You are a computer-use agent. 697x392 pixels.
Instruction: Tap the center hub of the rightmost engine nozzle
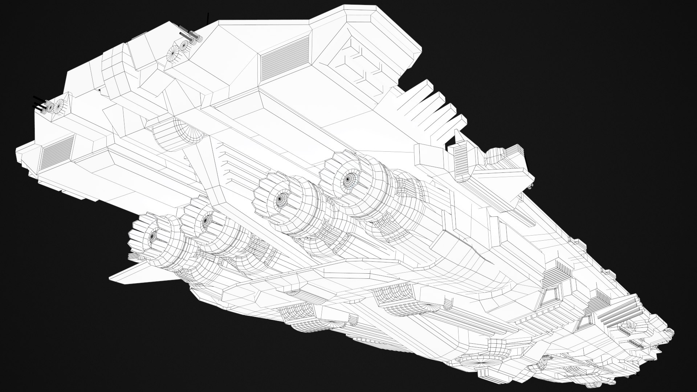pos(347,178)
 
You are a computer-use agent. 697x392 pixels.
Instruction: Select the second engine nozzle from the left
pos(206,220)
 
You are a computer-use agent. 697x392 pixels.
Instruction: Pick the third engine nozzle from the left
pos(280,199)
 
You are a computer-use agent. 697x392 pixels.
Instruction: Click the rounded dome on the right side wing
pos(495,156)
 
